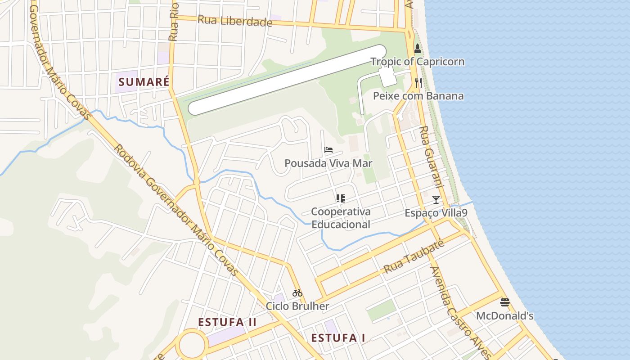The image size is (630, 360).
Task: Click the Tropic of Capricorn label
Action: click(x=417, y=62)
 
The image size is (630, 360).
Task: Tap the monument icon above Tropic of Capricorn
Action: click(x=417, y=49)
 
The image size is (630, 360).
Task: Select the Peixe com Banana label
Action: click(x=418, y=96)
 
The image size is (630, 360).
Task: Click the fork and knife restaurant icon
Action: click(x=418, y=82)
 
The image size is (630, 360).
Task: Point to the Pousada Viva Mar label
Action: click(x=328, y=163)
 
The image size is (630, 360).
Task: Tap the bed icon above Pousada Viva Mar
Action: click(x=328, y=150)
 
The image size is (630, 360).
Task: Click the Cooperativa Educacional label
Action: click(x=341, y=218)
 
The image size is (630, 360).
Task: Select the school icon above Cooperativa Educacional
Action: click(x=340, y=198)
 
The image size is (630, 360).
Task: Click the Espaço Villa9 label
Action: click(x=436, y=213)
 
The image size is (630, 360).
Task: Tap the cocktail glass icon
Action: click(x=436, y=199)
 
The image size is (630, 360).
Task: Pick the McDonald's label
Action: click(x=504, y=315)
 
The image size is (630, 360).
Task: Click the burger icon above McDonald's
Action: click(x=504, y=302)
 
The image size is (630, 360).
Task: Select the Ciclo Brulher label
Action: click(x=297, y=306)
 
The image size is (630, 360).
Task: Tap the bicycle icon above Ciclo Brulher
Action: click(x=297, y=293)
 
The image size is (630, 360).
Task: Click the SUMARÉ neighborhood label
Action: click(x=144, y=82)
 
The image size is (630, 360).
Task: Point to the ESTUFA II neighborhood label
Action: click(x=227, y=322)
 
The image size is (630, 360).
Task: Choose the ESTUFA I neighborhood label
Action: click(x=338, y=338)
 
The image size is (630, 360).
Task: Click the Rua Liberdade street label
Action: click(x=235, y=21)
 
